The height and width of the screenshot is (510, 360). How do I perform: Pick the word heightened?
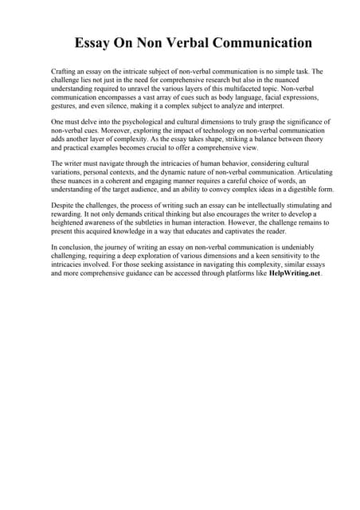[70, 223]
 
